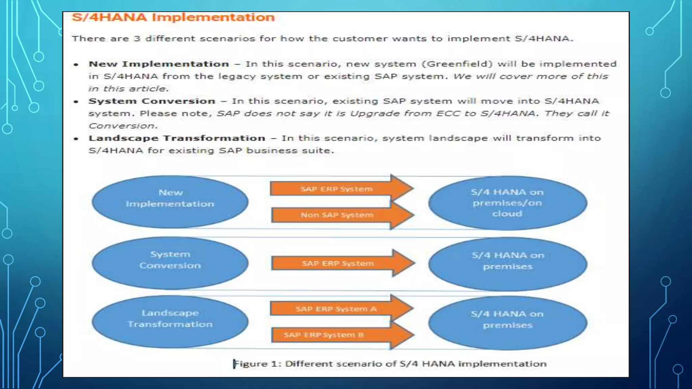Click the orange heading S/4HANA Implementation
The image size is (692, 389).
coord(173,18)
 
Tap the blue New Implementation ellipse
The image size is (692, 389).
coord(170,202)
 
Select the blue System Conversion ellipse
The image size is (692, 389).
coord(170,263)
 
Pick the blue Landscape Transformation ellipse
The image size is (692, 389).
coord(170,321)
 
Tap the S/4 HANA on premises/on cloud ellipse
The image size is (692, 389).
coord(507,203)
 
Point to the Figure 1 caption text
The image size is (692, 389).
coord(390,364)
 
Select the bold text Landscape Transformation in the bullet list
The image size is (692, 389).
coord(177,138)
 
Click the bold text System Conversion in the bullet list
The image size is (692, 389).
coord(152,101)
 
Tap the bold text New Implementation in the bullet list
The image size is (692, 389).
coord(158,64)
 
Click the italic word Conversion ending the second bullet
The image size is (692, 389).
coord(123,126)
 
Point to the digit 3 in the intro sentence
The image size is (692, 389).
coord(137,38)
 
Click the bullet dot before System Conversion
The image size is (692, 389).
coord(76,101)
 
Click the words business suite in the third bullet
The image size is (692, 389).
coord(290,151)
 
